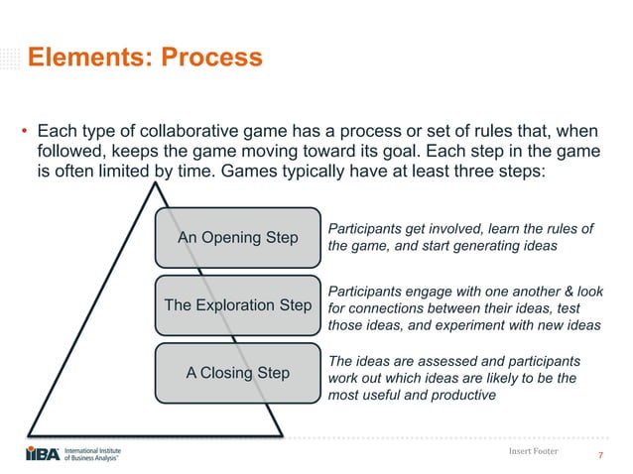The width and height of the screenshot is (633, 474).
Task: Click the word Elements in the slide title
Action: coord(83,58)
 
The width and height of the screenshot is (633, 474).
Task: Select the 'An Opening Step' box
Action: coord(238,238)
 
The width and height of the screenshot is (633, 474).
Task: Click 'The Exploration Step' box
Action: coord(238,305)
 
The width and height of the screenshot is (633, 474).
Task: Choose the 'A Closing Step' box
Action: coord(238,373)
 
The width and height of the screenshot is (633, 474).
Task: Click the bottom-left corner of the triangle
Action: coord(30,433)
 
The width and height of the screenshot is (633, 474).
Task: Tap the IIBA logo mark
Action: coord(42,454)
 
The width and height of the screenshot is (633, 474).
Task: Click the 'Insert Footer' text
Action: coord(532,451)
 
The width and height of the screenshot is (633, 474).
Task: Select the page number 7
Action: coord(601,456)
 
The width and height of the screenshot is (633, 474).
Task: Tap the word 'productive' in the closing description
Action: coord(463,395)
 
